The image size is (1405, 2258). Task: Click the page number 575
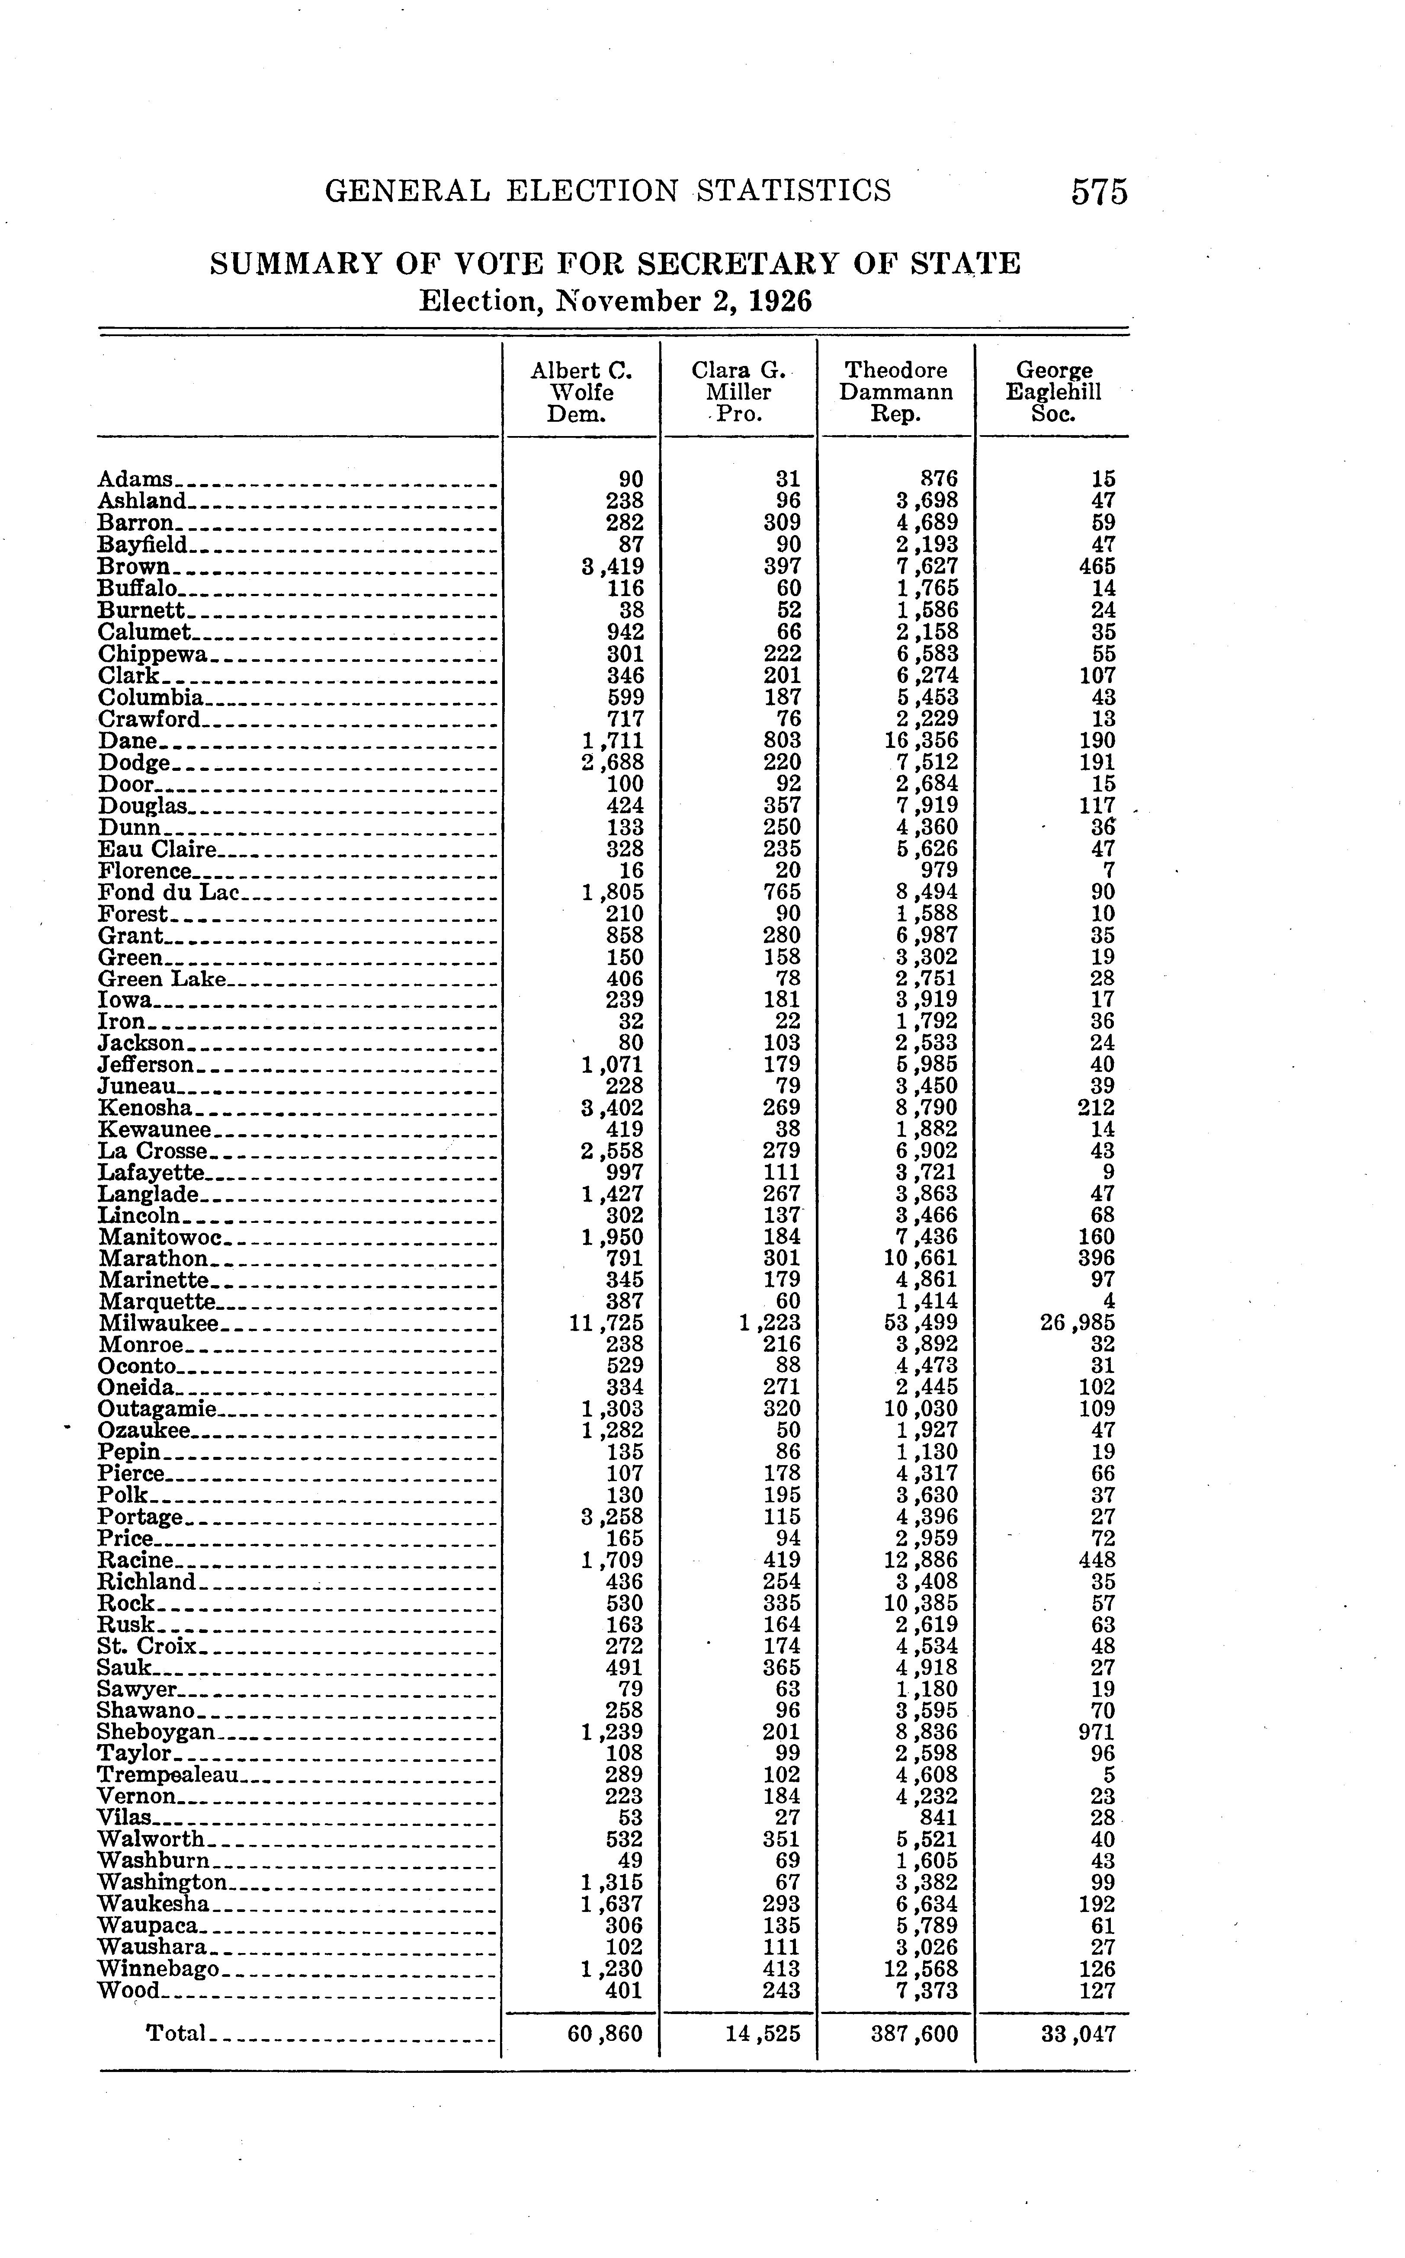pyautogui.click(x=1099, y=192)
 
